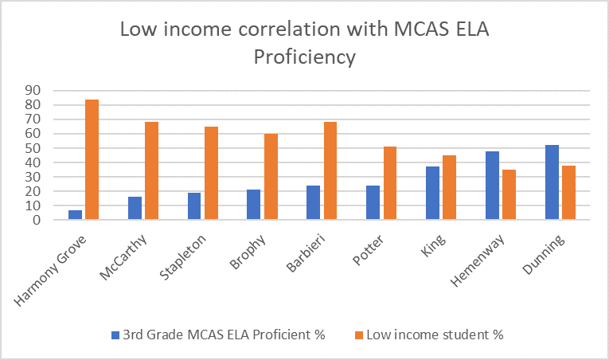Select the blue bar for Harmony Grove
(75, 215)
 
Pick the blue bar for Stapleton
(193, 206)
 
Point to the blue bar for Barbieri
(313, 203)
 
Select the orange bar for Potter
(390, 183)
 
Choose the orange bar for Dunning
(568, 192)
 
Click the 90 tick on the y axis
(33, 91)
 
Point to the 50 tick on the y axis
(33, 148)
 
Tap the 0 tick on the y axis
(36, 220)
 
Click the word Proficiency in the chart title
(304, 57)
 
